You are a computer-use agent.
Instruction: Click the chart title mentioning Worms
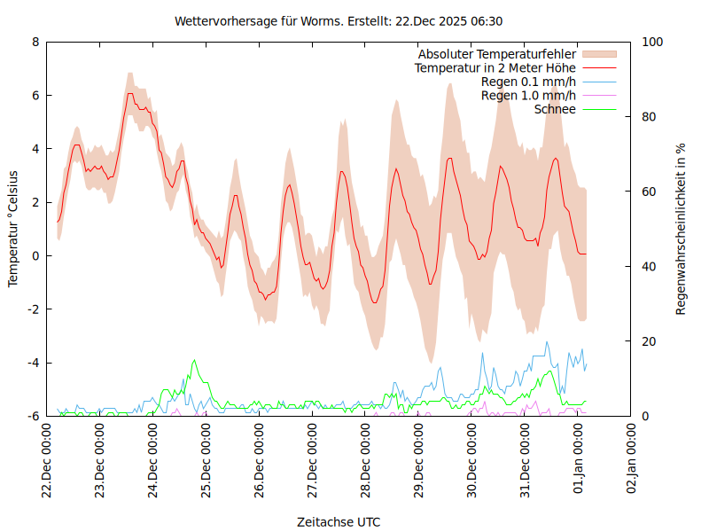339,20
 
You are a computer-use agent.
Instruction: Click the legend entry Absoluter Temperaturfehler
496,54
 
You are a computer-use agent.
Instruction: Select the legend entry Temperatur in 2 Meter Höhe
495,67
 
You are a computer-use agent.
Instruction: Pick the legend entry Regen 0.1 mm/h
528,82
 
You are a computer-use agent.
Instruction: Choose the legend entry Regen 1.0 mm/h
528,95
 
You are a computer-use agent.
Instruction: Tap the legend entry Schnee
556,109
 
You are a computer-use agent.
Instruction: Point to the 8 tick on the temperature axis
35,42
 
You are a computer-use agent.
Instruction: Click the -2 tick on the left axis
33,309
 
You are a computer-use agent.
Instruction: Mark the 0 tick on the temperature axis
35,256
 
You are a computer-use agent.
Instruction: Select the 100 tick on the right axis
652,42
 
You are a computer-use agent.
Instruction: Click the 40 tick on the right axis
649,267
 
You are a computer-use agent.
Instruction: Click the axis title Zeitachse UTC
339,522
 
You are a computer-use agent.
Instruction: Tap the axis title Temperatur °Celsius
13,229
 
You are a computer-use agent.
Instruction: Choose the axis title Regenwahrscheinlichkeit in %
682,229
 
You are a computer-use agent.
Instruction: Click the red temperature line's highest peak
130,93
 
